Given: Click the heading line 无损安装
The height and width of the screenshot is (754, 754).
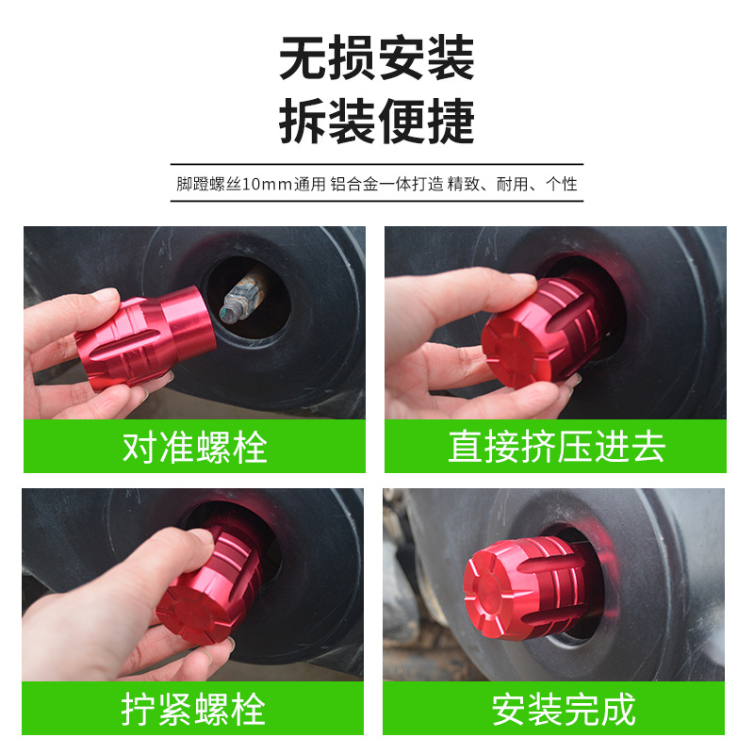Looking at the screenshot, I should (x=377, y=59).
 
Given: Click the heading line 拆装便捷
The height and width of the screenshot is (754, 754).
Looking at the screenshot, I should (x=377, y=123).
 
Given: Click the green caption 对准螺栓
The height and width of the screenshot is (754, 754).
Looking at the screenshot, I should (x=195, y=447).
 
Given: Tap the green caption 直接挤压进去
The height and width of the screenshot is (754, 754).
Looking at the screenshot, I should (x=556, y=447).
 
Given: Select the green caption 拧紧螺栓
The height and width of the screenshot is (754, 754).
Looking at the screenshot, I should (x=193, y=709).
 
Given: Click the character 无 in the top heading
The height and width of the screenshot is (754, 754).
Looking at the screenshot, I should (x=303, y=59).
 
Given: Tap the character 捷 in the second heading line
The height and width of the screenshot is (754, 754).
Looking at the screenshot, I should (x=451, y=123).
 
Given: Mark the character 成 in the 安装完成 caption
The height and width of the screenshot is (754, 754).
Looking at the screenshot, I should (x=618, y=709).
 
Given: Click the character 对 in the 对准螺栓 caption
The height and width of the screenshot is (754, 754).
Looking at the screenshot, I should (x=140, y=447).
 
